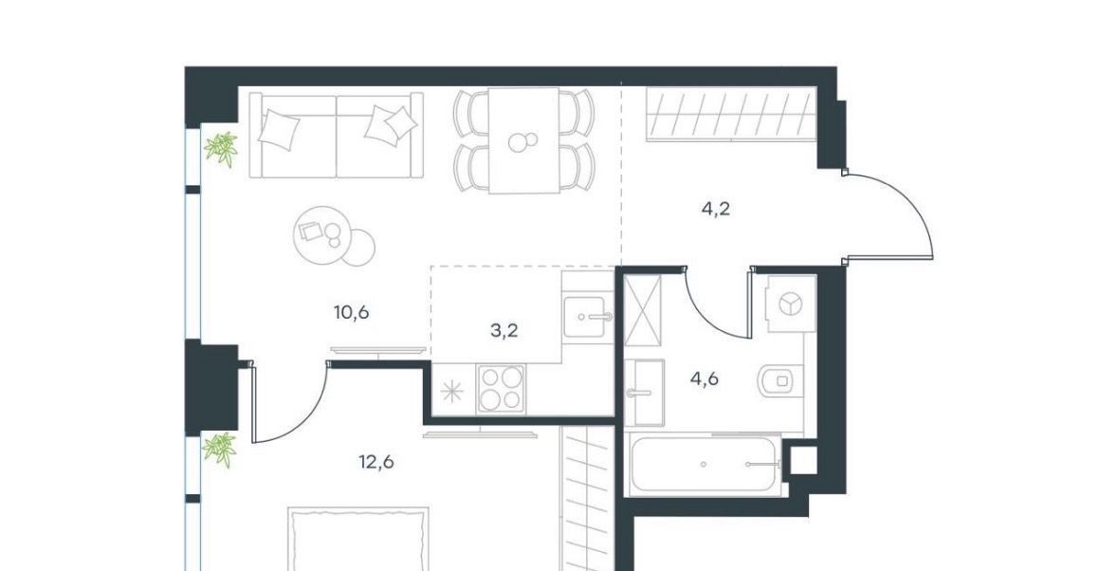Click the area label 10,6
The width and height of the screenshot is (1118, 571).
pyautogui.click(x=351, y=312)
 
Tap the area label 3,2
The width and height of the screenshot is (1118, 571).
pyautogui.click(x=504, y=331)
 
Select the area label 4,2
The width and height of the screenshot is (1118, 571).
pyautogui.click(x=716, y=210)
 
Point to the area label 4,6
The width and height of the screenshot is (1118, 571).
pyautogui.click(x=704, y=378)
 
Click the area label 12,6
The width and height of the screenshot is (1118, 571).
pyautogui.click(x=376, y=463)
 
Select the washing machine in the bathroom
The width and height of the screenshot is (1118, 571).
pyautogui.click(x=789, y=304)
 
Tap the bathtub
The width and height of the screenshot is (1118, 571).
pyautogui.click(x=703, y=464)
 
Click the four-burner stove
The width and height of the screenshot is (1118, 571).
pyautogui.click(x=502, y=389)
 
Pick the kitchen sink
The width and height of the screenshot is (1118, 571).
pyautogui.click(x=588, y=317)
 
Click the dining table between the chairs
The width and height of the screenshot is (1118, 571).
pyautogui.click(x=523, y=140)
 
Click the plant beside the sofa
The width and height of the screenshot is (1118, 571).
pyautogui.click(x=221, y=149)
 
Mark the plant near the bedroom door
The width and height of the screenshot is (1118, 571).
pyautogui.click(x=220, y=450)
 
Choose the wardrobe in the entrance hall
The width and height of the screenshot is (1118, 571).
pyautogui.click(x=731, y=113)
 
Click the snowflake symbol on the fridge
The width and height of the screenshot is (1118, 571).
pyautogui.click(x=450, y=392)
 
